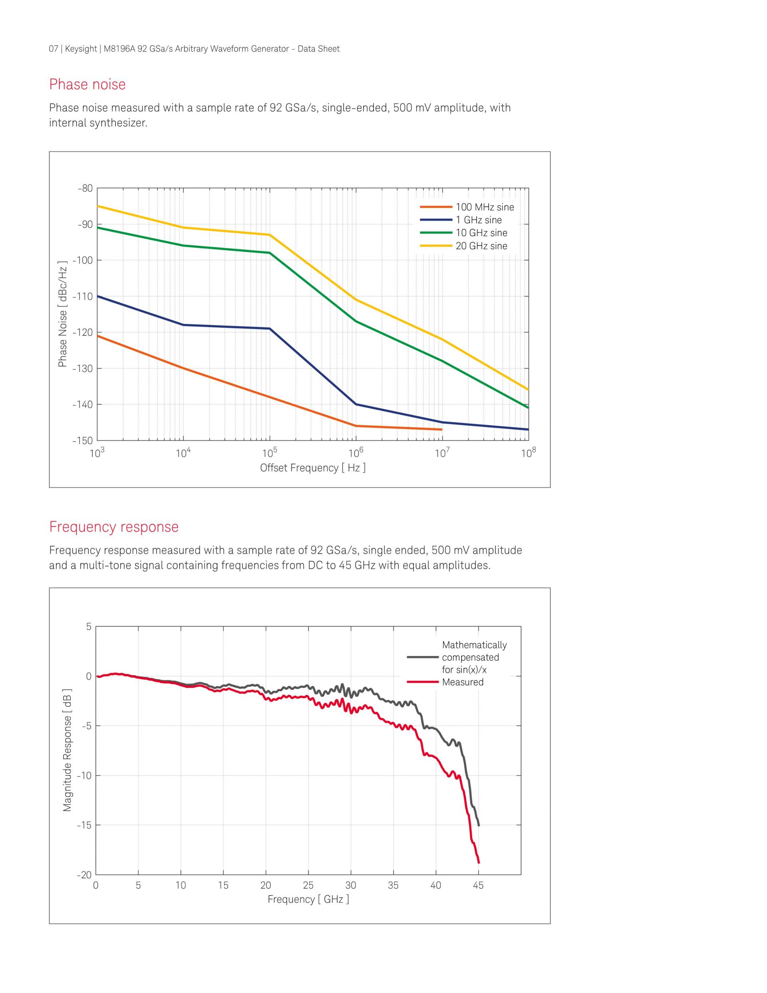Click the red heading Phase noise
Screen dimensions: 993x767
[87, 85]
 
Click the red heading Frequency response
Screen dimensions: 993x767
[113, 527]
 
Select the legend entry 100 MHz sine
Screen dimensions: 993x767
[485, 207]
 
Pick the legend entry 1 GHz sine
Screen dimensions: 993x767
[479, 220]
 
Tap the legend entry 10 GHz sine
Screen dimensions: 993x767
[481, 233]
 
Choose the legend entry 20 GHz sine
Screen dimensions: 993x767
[481, 246]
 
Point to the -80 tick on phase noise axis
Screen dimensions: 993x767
[85, 188]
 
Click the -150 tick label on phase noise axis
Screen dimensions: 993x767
[82, 441]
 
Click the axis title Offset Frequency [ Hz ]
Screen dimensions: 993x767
[313, 468]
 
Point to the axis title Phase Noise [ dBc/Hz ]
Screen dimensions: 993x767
[63, 314]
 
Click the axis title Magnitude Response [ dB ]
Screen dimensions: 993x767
[67, 750]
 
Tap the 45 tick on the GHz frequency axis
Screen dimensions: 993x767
[478, 885]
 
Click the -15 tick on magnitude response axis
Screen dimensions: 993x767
[83, 825]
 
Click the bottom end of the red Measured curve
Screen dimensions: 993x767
[479, 863]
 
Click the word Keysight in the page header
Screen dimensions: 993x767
[81, 49]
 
